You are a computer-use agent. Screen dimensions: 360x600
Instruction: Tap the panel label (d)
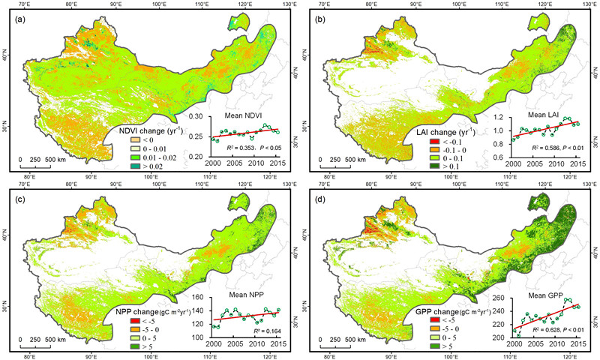click(x=312, y=198)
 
